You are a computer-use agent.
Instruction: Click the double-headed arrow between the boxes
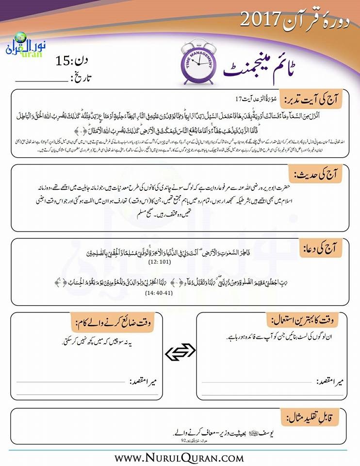pyautogui.click(x=180, y=353)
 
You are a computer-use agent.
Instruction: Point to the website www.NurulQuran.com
pyautogui.click(x=179, y=457)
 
